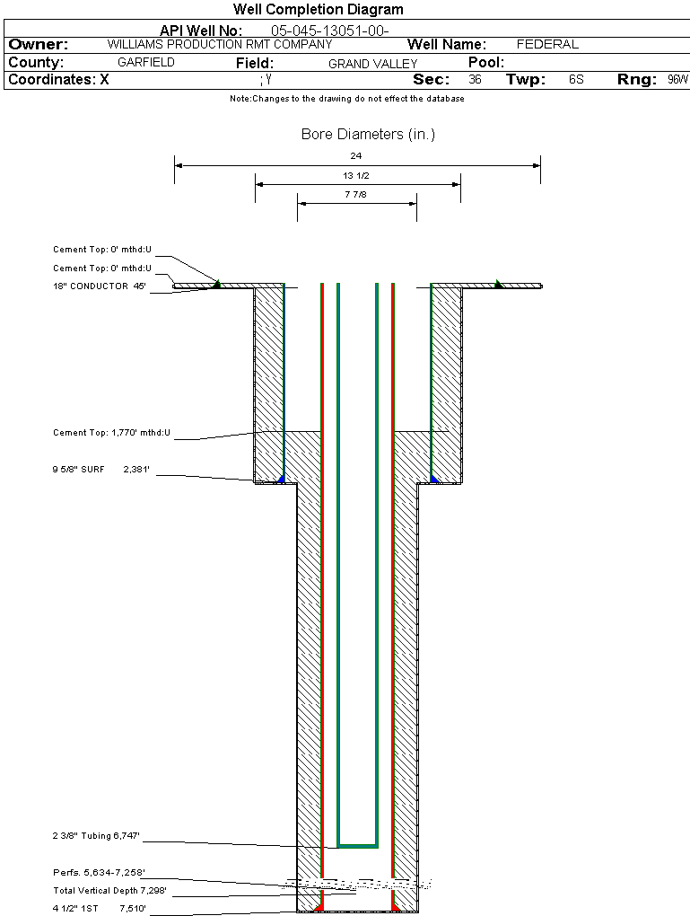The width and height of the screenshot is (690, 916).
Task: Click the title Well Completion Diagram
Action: pos(318,10)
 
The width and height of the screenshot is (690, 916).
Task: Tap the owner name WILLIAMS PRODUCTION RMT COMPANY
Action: pos(219,44)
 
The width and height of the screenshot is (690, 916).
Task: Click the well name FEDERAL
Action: pos(547,44)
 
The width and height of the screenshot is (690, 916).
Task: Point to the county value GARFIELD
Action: pos(146,63)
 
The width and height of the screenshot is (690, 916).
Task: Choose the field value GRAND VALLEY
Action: pos(372,64)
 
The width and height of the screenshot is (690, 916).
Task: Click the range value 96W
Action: pos(677,80)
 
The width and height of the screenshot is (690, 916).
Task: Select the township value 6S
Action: pos(576,80)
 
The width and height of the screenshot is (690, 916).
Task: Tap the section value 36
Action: pos(475,80)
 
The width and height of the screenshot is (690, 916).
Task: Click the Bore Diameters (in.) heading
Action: pos(368,135)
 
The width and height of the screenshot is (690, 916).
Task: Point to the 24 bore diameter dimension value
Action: pos(357,156)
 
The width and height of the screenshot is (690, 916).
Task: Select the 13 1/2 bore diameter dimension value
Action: pos(356,175)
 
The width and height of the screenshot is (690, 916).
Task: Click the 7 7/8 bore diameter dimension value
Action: pos(356,194)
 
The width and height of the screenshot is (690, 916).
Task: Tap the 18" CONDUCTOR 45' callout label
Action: pos(99,286)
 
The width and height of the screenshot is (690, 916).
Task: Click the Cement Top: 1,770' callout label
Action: pos(111,433)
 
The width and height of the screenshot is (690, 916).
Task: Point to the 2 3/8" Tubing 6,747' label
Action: pos(96,836)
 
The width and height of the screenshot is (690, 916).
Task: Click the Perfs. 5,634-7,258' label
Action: pos(99,872)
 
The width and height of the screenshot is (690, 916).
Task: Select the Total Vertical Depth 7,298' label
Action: pos(109,891)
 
